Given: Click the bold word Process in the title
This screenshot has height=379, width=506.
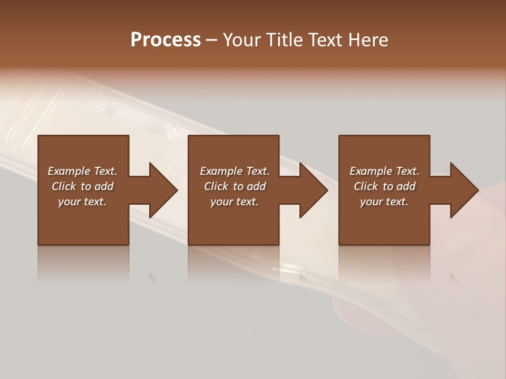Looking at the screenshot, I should tap(166, 40).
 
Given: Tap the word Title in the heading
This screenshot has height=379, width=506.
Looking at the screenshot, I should tap(285, 40).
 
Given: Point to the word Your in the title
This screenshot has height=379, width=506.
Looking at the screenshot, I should tap(242, 40).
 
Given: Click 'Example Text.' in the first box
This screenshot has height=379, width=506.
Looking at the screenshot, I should tap(82, 171).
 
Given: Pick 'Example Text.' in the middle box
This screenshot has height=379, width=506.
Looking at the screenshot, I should tap(235, 171).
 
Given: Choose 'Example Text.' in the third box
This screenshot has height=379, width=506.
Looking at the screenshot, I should tap(384, 171).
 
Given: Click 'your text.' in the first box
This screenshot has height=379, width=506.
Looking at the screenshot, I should tap(82, 202).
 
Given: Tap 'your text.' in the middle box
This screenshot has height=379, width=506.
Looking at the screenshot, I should tap(235, 202).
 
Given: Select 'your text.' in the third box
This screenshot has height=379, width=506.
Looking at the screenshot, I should tap(384, 202).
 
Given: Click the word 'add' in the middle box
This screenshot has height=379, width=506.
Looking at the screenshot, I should tap(256, 186).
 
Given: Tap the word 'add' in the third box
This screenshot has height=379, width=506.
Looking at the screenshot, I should tap(406, 186).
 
